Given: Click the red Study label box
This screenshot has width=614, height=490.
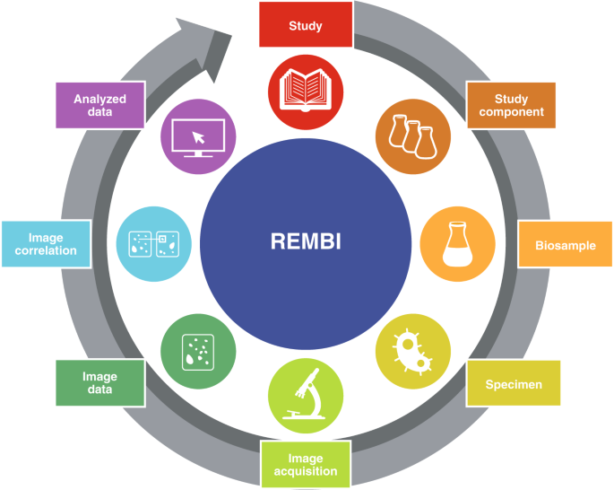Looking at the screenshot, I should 306,24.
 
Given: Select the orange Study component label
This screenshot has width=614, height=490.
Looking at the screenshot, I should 511,105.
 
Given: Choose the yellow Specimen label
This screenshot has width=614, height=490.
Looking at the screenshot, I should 514,384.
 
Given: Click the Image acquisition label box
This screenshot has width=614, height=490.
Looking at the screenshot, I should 306,464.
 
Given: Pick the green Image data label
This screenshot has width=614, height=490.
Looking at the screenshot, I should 99,383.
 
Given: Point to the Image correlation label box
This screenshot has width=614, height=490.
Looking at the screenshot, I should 46,244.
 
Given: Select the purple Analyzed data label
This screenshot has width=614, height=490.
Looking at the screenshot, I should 99,106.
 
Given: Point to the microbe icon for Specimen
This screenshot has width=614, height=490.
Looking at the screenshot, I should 412,351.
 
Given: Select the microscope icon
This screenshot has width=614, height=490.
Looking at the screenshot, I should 306,396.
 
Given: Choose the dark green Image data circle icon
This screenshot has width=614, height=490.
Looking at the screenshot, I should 198,351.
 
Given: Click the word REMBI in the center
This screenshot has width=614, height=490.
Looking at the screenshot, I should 306,242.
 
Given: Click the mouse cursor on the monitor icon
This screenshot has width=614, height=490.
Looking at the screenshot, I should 199,136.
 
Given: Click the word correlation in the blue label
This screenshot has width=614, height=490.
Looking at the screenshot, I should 46,250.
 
